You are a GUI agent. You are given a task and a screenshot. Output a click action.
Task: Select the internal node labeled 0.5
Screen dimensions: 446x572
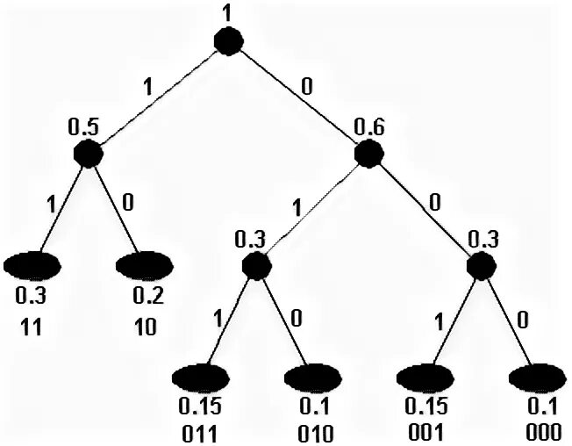coord(88,154)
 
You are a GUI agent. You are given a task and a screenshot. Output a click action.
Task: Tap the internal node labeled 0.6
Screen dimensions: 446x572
coord(368,154)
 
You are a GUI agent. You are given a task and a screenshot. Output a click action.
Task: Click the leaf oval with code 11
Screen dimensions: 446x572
coord(33,263)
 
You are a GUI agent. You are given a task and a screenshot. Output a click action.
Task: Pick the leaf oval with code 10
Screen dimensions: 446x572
coord(146,263)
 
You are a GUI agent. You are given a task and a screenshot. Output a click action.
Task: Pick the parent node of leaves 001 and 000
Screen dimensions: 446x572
coord(480,266)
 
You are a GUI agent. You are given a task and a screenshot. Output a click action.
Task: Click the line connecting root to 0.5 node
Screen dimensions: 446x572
coord(158,97)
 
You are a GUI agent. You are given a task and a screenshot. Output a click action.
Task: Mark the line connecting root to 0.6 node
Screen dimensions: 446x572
coord(298,97)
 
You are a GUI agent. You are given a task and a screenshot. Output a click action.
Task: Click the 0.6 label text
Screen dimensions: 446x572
coord(368,127)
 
